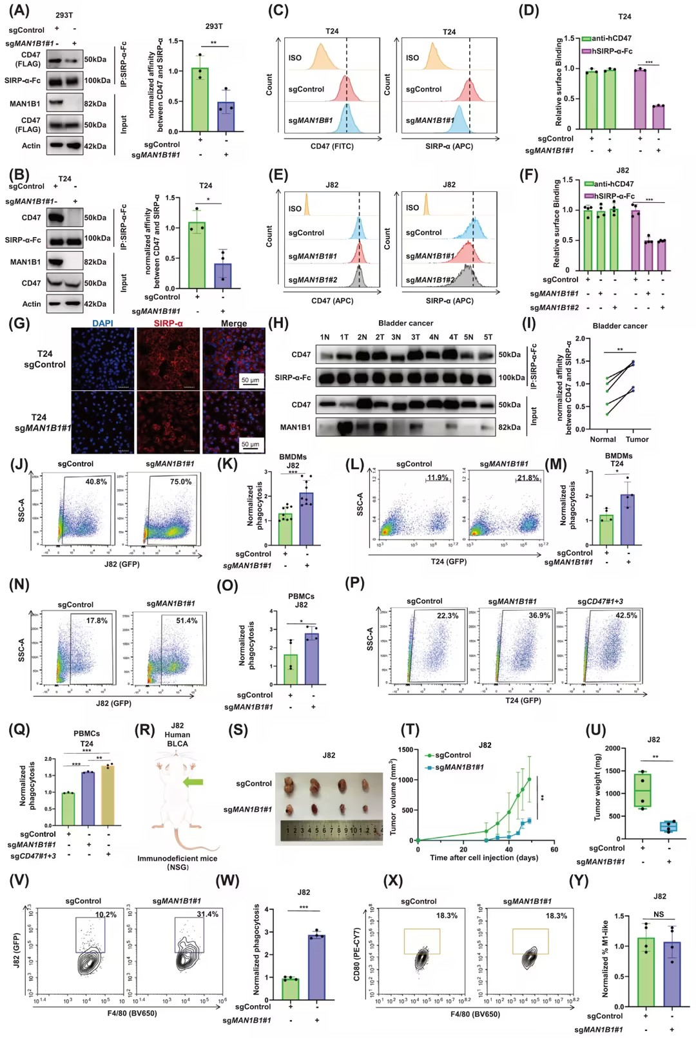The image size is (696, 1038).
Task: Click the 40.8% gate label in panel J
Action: pyautogui.click(x=96, y=482)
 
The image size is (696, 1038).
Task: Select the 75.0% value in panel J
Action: pyautogui.click(x=180, y=482)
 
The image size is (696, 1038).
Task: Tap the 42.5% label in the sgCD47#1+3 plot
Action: pyautogui.click(x=626, y=615)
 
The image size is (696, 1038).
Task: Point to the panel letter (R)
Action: pyautogui.click(x=145, y=730)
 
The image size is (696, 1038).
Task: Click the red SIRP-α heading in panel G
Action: pyautogui.click(x=168, y=323)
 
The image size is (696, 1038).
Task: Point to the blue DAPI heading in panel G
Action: pyautogui.click(x=102, y=323)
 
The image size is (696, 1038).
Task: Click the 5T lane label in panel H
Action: pyautogui.click(x=488, y=337)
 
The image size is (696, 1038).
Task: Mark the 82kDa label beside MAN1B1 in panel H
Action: pyautogui.click(x=509, y=427)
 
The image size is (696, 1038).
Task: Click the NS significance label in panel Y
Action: pyautogui.click(x=659, y=914)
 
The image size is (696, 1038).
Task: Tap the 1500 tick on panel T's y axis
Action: pyautogui.click(x=405, y=750)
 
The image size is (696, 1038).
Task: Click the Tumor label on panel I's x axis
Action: pyautogui.click(x=637, y=439)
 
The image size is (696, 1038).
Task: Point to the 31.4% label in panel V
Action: pyautogui.click(x=208, y=914)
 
